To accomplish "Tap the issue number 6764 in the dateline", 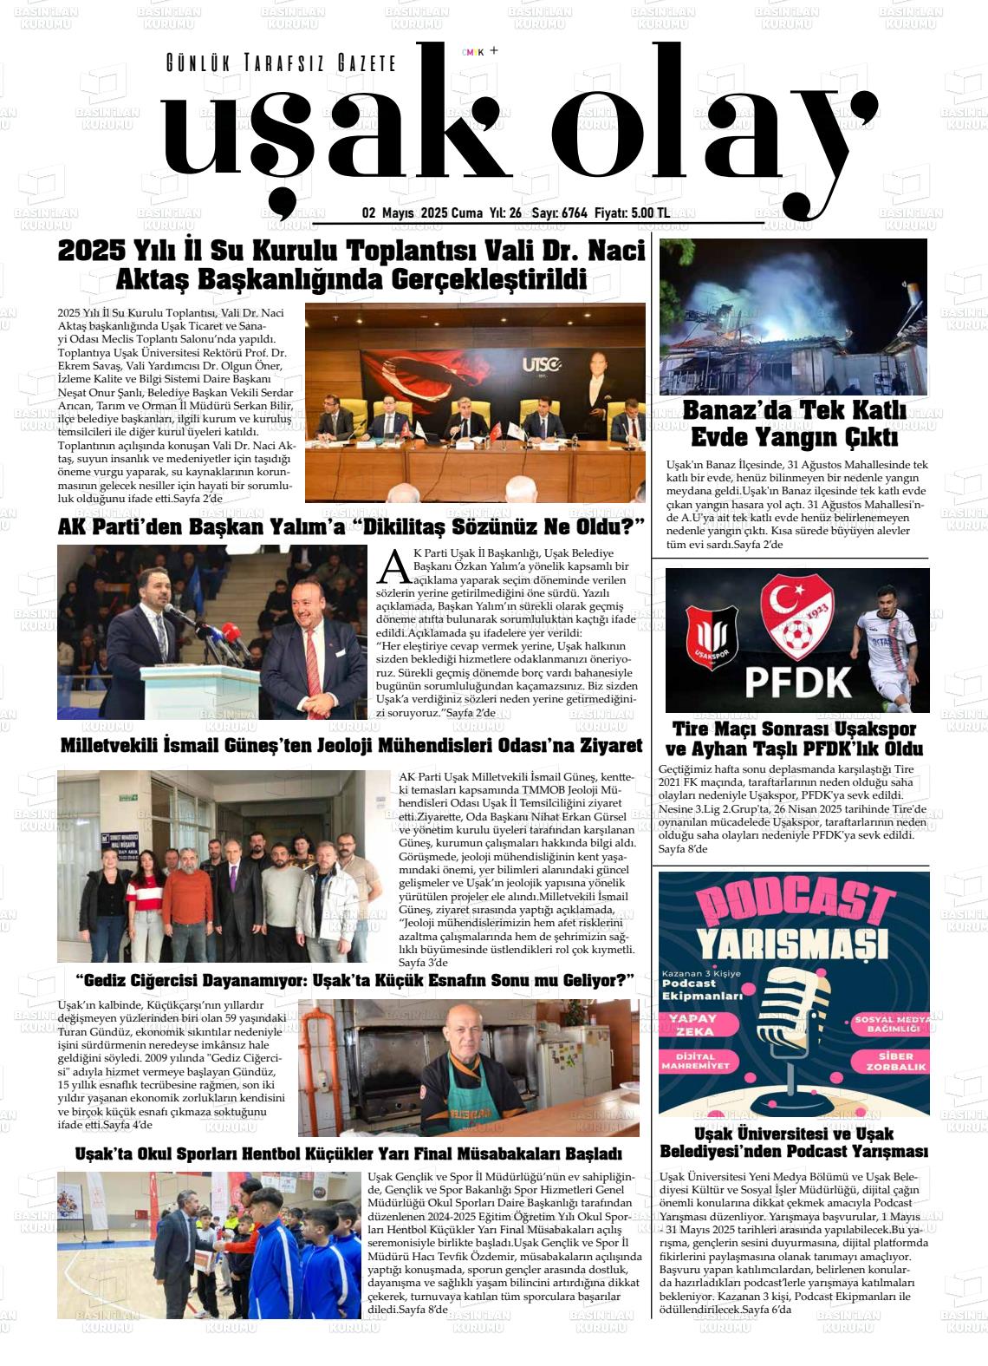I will (574, 213).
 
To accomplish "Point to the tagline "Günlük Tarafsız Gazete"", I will (281, 63).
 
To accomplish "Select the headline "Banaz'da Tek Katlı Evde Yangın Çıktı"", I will (794, 422).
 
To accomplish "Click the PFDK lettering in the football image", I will (798, 682).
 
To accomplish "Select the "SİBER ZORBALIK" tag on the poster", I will (895, 1062).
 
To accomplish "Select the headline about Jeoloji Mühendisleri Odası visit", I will (351, 746).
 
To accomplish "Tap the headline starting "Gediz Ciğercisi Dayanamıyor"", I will (355, 981).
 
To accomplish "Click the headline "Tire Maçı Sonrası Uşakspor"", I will (794, 729).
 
